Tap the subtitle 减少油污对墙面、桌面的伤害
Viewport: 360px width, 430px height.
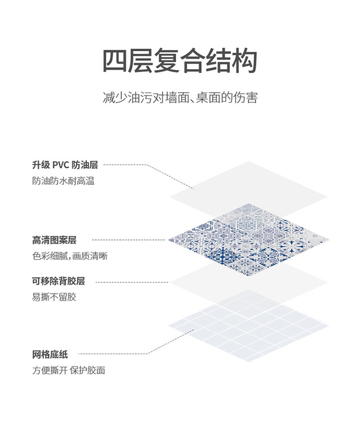tap(180, 97)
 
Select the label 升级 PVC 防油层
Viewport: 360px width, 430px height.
tap(65, 165)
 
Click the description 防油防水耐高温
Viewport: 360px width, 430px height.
tap(63, 181)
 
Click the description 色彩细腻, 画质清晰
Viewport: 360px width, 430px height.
tap(70, 256)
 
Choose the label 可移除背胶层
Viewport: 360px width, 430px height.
tap(59, 281)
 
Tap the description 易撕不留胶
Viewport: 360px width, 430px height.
tap(54, 297)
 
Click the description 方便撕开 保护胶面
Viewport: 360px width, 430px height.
tap(69, 370)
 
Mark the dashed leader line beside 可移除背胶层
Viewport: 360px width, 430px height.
tap(131, 282)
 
